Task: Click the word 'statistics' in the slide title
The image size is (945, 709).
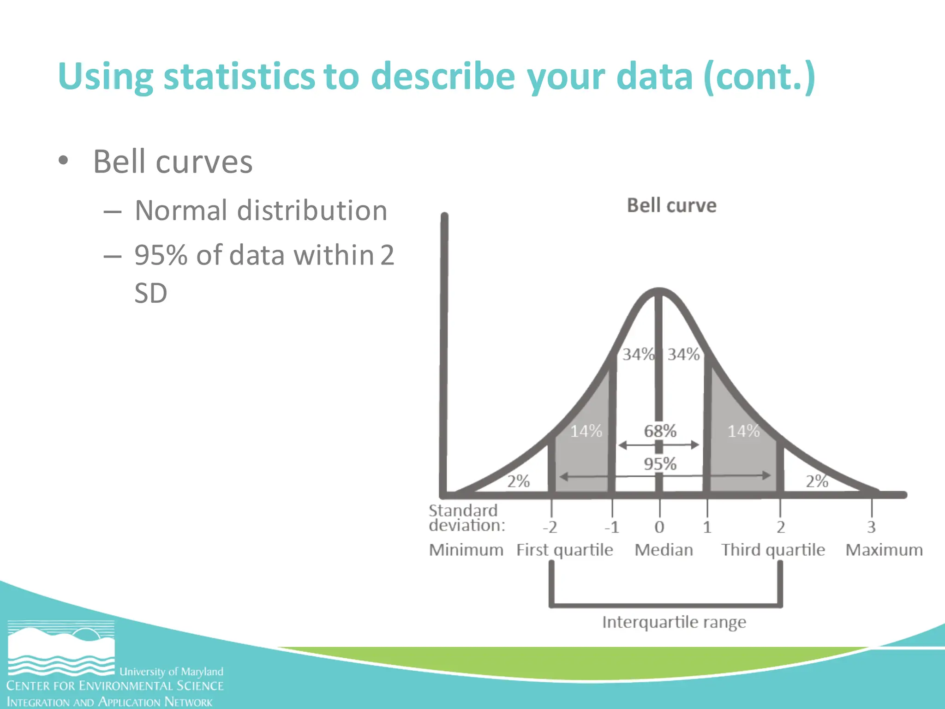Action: point(239,76)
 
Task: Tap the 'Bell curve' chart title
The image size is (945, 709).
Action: point(671,205)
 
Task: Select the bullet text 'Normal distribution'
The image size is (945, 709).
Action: point(261,210)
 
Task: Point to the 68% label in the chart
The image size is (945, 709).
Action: point(660,431)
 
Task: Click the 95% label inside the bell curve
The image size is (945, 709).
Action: point(660,463)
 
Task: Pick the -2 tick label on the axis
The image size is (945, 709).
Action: point(550,527)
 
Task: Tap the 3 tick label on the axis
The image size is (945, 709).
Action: point(871,527)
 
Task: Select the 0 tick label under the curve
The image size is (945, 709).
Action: point(659,527)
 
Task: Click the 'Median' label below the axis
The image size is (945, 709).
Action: point(664,550)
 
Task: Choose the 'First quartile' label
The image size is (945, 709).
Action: point(564,550)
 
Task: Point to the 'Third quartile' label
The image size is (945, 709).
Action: point(773,550)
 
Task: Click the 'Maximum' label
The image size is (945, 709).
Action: point(884,550)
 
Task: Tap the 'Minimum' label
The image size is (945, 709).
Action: point(466,550)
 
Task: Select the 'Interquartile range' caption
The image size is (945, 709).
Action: point(674,622)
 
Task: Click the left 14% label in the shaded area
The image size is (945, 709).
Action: point(586,431)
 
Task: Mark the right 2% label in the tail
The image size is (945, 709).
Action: point(817,481)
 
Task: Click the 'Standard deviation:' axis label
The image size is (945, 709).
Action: point(466,517)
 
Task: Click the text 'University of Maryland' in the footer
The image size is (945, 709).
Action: point(171,671)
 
